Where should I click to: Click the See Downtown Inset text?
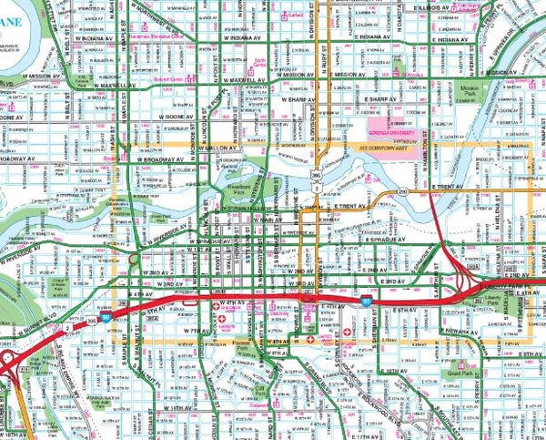pyautogui.click(x=390, y=144)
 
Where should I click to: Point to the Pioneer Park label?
pyautogui.click(x=241, y=345)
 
